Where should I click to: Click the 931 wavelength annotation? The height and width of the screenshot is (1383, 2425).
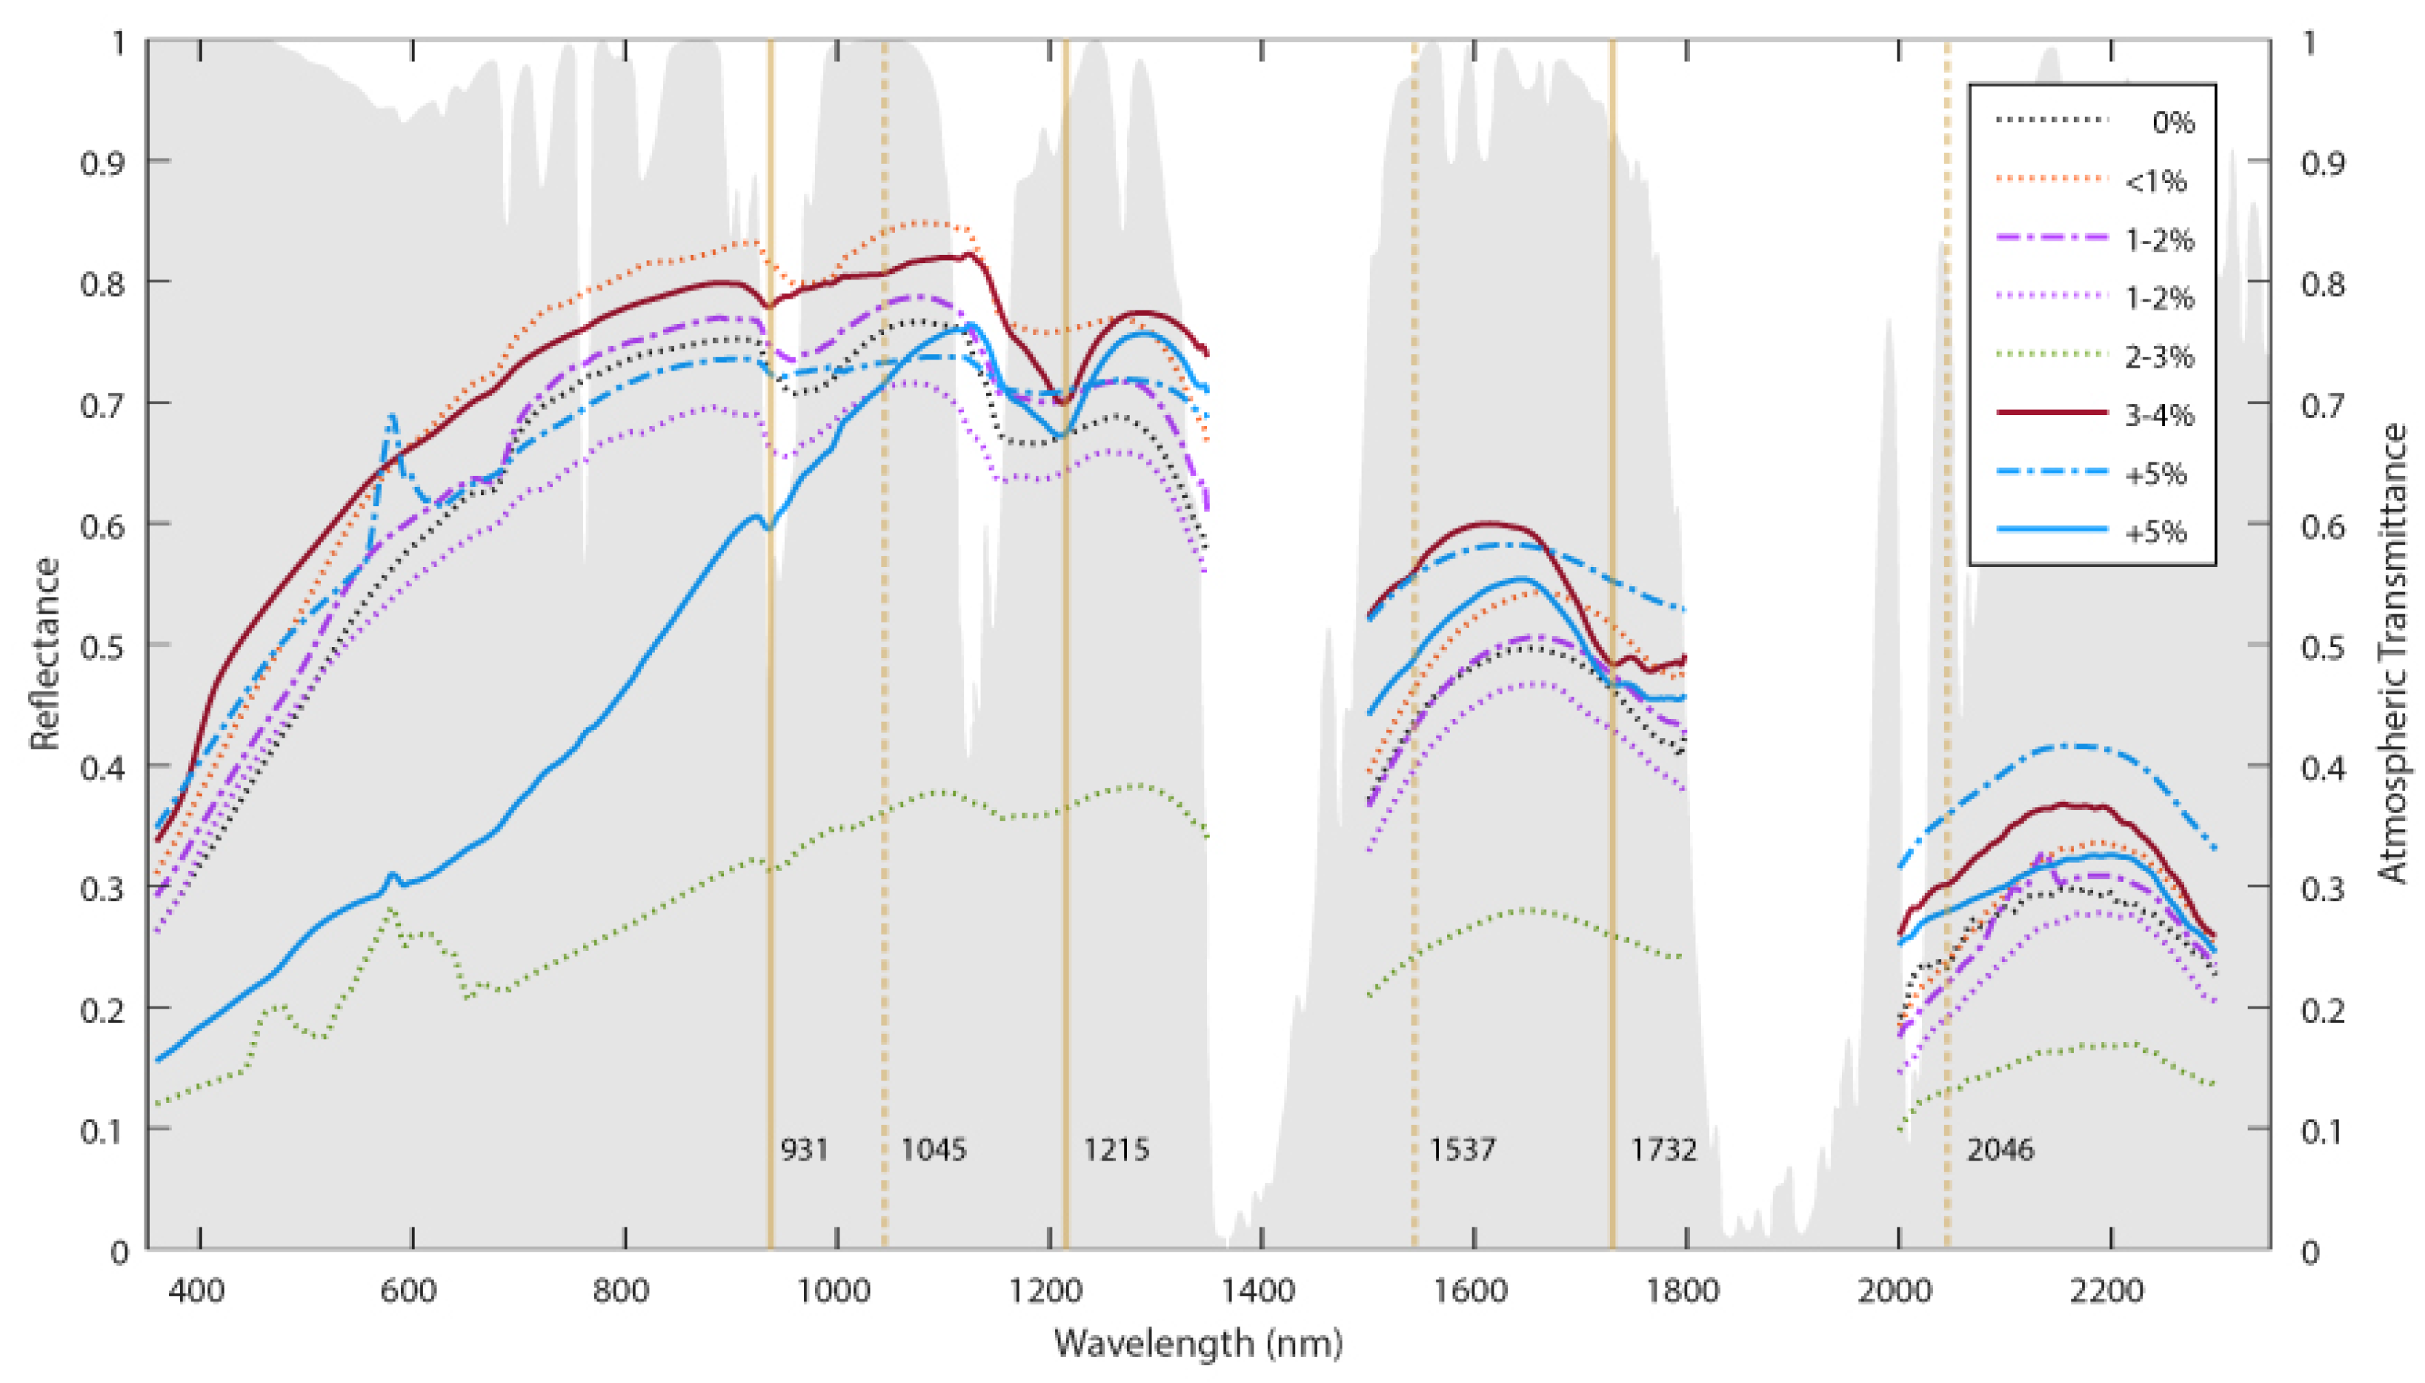pyautogui.click(x=804, y=1150)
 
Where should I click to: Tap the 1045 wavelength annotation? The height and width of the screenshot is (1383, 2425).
pyautogui.click(x=934, y=1150)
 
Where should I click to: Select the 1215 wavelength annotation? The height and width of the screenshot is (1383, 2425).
pyautogui.click(x=1117, y=1150)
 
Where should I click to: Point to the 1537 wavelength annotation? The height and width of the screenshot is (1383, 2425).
pyautogui.click(x=1463, y=1150)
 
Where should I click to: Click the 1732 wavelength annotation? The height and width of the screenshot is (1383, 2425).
pyautogui.click(x=1663, y=1150)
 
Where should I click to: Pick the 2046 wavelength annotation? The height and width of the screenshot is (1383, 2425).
pyautogui.click(x=2000, y=1150)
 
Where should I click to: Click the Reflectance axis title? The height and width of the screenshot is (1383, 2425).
pyautogui.click(x=44, y=654)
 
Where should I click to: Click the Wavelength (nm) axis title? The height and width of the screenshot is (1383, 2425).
pyautogui.click(x=1198, y=1343)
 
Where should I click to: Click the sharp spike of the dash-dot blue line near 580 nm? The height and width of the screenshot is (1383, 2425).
pyautogui.click(x=391, y=417)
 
